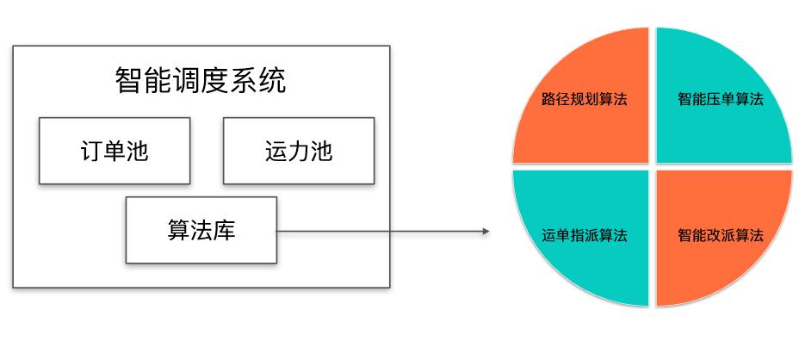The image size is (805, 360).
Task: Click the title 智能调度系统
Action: pos(201,82)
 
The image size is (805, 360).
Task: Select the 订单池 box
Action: pos(114,151)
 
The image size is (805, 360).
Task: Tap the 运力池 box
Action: pos(299,151)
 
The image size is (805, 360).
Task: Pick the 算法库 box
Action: pos(201,230)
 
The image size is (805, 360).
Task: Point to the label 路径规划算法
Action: pos(584,99)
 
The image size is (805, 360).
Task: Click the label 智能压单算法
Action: pos(721,99)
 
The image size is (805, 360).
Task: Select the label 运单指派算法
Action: pos(584,235)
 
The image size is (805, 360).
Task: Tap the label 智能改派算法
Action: pos(721,235)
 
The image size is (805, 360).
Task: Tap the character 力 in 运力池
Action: pos(299,151)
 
